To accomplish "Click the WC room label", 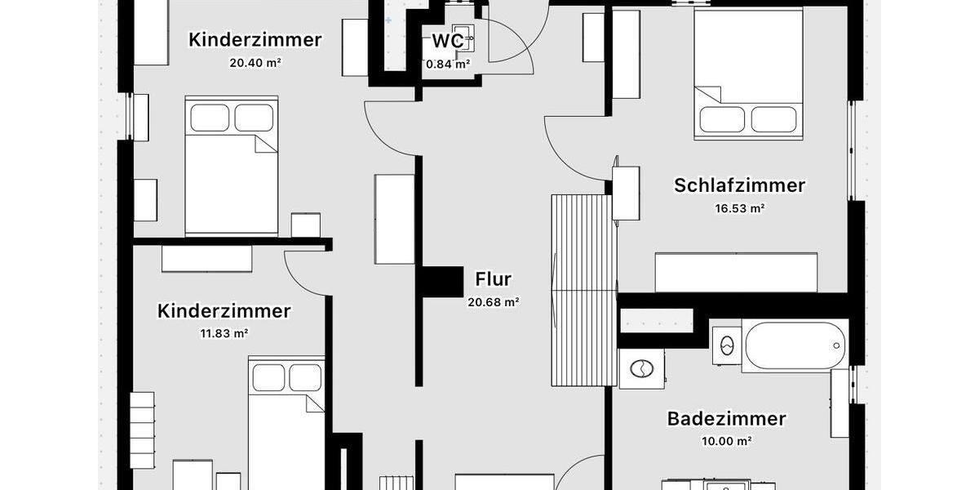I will [448, 41].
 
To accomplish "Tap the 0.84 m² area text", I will [449, 64].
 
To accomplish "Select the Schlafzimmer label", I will [739, 185].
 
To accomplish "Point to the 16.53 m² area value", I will [739, 208].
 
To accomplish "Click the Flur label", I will [493, 279].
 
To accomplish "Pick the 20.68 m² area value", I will [493, 302].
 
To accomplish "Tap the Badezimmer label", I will [726, 419].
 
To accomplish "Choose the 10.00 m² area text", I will [726, 441].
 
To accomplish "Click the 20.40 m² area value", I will [255, 62].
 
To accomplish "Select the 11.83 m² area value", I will [224, 333].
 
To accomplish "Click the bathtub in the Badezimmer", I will [795, 346].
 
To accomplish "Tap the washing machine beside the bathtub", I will [642, 368].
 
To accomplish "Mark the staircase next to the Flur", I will [583, 289].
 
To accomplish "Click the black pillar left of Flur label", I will [442, 282].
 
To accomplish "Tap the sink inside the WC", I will [463, 38].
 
